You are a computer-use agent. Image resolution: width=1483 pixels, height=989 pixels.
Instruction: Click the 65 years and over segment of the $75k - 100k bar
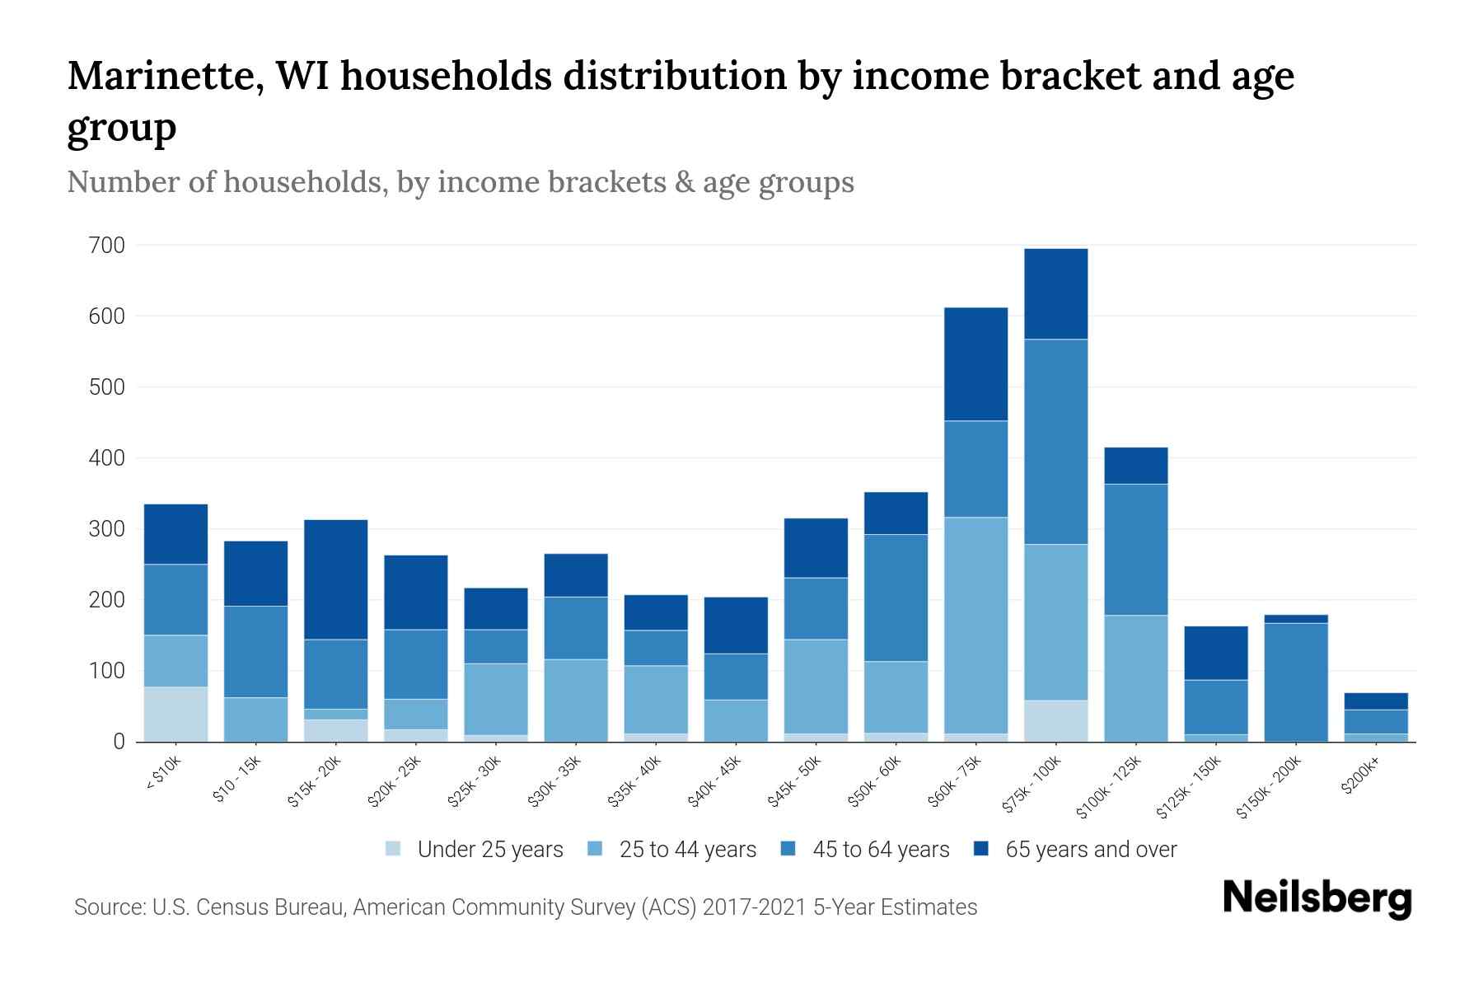coord(1055,293)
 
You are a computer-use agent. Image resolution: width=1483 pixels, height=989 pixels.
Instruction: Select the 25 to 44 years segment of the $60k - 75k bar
coord(975,625)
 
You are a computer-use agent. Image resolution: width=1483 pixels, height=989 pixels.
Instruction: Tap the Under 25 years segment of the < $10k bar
coord(175,714)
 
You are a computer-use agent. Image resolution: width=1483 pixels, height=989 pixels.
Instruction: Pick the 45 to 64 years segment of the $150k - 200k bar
coord(1296,682)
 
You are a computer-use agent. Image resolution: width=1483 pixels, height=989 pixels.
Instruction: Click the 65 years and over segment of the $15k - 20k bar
coord(335,579)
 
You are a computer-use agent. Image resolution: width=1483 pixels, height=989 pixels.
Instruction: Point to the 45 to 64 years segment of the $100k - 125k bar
coord(1135,549)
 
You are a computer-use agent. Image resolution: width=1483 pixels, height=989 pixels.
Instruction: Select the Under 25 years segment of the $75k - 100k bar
coord(1055,720)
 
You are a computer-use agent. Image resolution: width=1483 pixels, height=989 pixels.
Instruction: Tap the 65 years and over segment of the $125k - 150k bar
coord(1215,653)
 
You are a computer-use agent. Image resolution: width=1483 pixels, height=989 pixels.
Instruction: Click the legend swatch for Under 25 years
coord(394,848)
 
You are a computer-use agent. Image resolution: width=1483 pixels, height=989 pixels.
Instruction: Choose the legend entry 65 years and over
coord(1091,849)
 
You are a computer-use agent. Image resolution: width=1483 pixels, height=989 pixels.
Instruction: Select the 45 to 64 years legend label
coord(881,849)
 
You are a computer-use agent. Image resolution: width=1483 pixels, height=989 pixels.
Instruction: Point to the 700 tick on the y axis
coord(107,246)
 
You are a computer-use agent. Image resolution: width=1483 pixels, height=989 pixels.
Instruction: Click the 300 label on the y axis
coord(107,529)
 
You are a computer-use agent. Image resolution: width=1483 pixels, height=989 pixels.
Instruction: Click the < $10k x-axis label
coord(163,775)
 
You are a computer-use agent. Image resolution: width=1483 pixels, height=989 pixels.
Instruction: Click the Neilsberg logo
coord(1317,898)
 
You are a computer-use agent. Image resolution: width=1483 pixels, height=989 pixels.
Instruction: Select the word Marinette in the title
coord(161,76)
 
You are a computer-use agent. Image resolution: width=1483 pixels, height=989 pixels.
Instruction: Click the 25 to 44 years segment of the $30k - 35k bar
coord(575,700)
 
